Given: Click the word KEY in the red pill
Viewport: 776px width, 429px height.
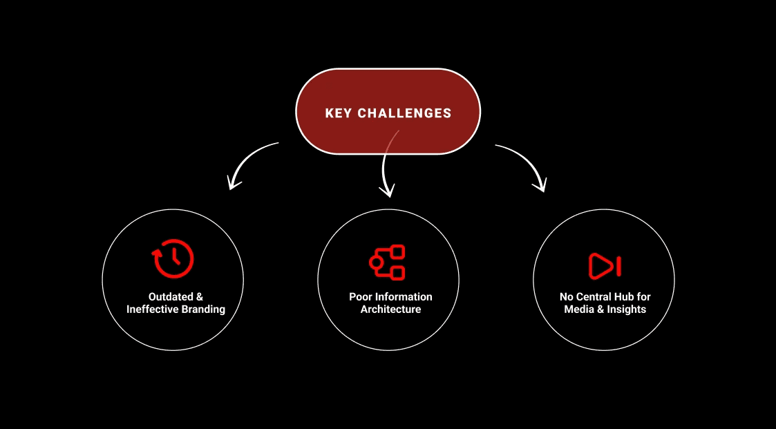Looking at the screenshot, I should (x=339, y=113).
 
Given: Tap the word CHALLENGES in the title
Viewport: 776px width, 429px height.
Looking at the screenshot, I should (x=404, y=113).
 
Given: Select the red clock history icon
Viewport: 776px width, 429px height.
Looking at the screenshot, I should (x=173, y=258).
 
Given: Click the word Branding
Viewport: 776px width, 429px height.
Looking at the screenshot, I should (x=203, y=309).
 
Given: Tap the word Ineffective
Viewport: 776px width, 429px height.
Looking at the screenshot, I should (x=152, y=309).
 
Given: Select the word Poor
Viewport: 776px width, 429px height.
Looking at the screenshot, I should (x=361, y=297).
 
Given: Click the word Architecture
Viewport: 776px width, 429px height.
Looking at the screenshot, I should (x=390, y=309).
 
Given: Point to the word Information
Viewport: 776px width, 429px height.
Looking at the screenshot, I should (x=404, y=297).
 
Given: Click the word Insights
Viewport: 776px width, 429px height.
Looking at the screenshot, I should (x=626, y=309).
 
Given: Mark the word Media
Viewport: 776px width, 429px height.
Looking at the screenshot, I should (x=579, y=309).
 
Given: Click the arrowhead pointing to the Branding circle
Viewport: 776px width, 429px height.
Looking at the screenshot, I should (x=234, y=183).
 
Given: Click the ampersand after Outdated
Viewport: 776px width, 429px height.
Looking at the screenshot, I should (x=199, y=297).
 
